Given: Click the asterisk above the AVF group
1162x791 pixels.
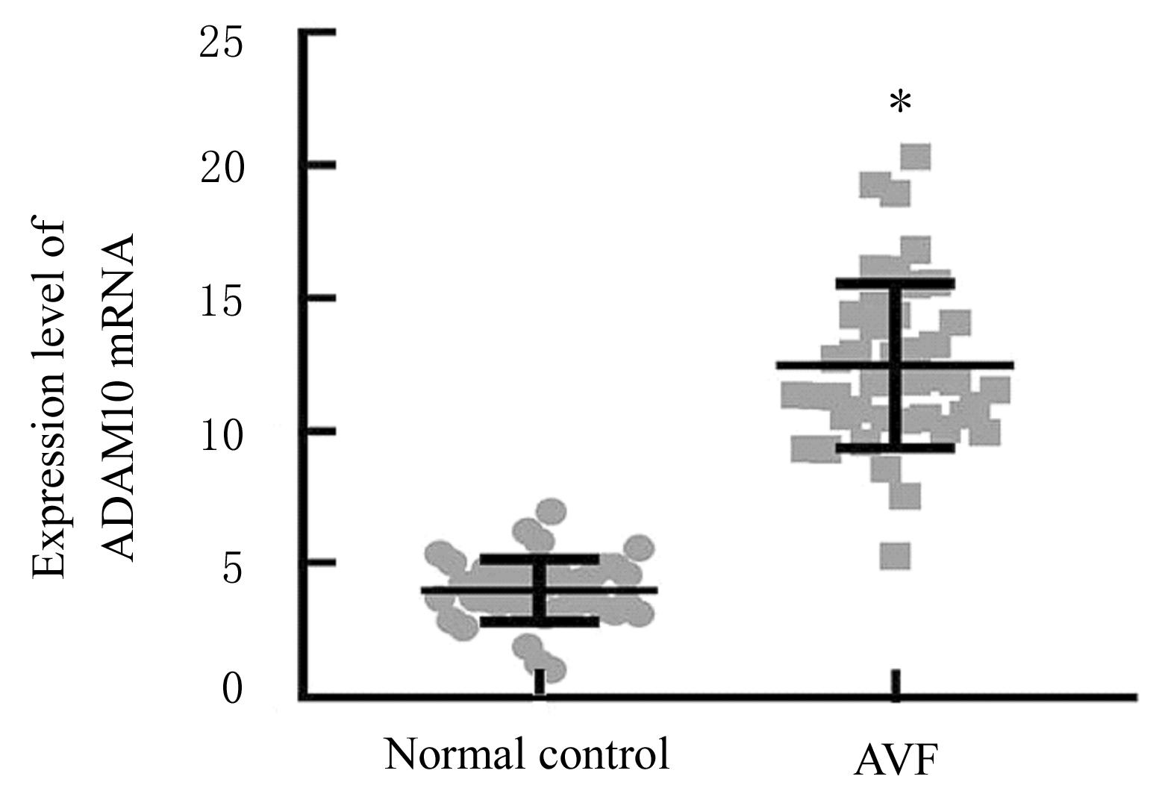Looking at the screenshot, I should (x=901, y=102).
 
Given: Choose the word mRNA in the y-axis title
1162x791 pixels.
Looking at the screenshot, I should (x=119, y=291).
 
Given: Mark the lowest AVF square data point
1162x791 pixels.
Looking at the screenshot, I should (x=895, y=556).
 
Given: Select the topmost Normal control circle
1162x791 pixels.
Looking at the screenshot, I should (x=553, y=512).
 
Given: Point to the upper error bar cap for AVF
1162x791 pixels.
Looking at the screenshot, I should (x=895, y=284).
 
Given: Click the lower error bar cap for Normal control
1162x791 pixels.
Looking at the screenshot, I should (x=540, y=621).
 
